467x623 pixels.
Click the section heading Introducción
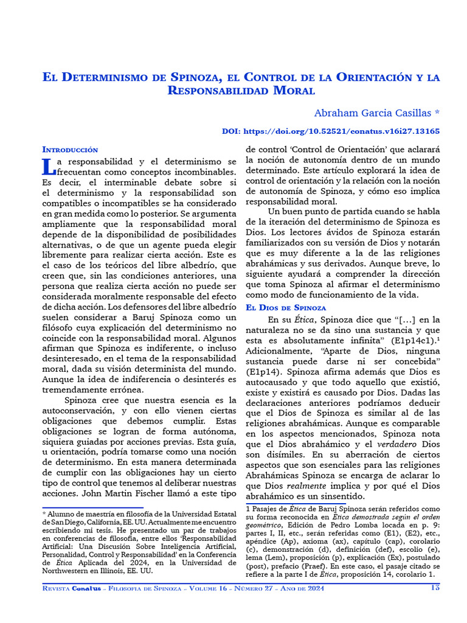(x=70, y=149)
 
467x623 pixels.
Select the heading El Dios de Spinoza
(x=286, y=308)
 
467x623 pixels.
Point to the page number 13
(x=435, y=588)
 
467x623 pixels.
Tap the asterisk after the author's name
(x=437, y=113)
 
